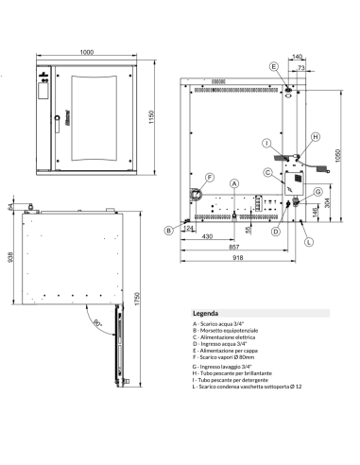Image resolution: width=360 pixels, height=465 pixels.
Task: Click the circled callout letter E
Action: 273,67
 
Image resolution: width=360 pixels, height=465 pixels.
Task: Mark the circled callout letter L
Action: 308,242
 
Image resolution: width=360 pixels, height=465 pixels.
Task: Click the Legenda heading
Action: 206,312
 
